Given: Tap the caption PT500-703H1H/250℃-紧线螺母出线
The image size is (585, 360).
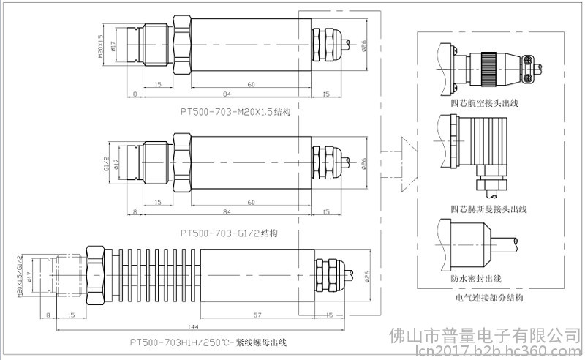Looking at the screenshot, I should click(208, 342).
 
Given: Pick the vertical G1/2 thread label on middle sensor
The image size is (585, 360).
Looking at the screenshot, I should click(107, 164).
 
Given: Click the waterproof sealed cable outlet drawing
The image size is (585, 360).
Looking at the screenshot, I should click(475, 246).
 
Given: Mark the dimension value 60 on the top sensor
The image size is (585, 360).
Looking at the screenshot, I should click(251, 85).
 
